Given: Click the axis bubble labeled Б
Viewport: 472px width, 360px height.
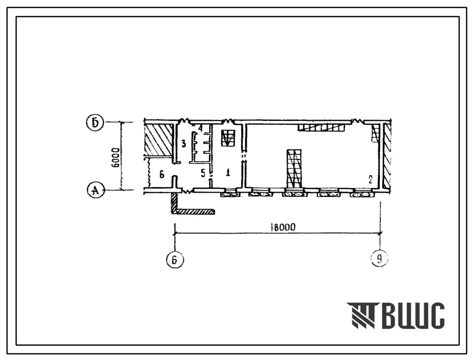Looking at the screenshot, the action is coord(95,123).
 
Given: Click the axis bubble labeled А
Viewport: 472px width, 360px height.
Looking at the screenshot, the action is coord(95,191).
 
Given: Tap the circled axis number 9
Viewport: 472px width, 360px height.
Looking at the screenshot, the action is coord(379,258).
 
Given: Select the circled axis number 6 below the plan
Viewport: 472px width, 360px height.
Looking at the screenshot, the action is coord(174,259).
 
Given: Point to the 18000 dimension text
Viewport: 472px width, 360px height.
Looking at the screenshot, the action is coord(283,227).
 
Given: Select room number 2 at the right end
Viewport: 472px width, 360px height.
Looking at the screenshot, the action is coord(370,179).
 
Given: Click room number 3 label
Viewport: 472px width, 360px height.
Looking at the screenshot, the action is coord(183,144).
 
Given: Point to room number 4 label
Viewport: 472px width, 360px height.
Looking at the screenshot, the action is coord(200,128).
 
